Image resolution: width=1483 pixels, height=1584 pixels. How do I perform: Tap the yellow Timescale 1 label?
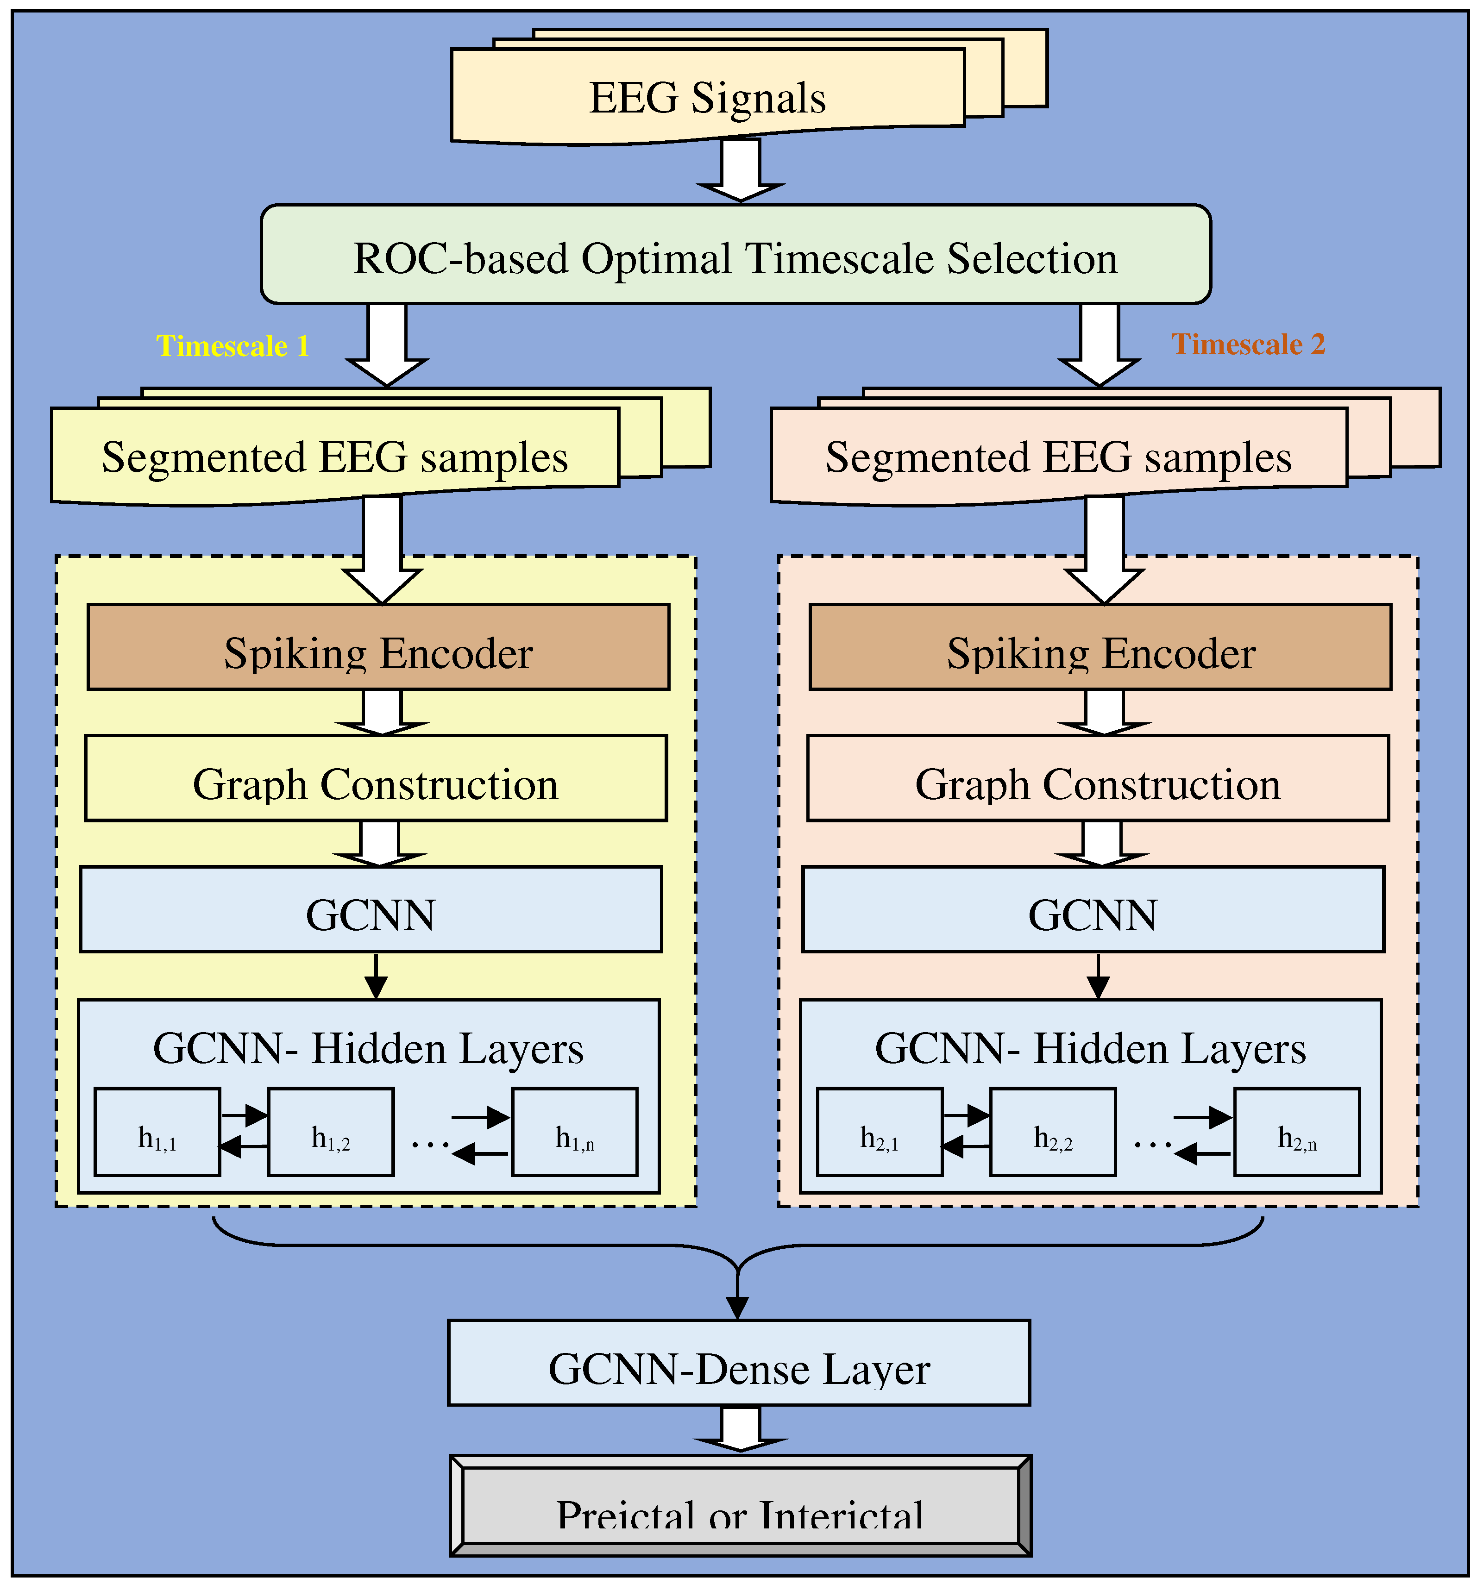233,346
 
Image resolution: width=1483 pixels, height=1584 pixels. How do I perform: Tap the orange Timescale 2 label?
1247,344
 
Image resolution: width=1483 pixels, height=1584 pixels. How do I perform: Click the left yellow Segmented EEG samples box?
335,457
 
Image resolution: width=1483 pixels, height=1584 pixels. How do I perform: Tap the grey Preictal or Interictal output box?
740,1508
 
